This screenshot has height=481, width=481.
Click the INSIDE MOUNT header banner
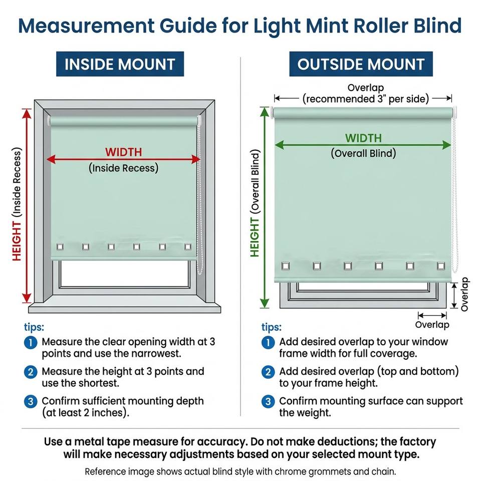click(120, 64)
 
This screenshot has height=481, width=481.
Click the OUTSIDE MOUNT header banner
click(361, 64)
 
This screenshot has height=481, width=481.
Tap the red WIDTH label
click(124, 152)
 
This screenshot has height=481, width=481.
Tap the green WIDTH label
click(364, 138)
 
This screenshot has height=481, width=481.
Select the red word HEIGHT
click(17, 242)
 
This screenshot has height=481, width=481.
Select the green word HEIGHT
click(255, 237)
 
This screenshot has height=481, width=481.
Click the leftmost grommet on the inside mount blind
click(60, 247)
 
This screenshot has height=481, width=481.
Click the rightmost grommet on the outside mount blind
click(441, 266)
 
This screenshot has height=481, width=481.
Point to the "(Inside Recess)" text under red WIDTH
click(124, 168)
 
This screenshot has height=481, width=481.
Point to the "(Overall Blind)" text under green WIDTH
click(364, 153)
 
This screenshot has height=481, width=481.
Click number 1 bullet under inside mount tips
click(31, 342)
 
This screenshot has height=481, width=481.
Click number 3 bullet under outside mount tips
click(268, 401)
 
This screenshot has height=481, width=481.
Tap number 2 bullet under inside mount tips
click(31, 372)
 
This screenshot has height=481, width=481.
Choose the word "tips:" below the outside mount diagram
click(272, 327)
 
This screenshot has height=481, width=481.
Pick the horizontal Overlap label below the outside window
click(432, 325)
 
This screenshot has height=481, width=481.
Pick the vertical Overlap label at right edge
click(464, 294)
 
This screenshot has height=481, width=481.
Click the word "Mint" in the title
click(327, 26)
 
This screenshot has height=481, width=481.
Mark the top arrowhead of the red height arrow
click(27, 113)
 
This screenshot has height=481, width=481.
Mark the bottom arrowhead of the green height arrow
click(264, 303)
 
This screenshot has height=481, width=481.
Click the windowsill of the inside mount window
click(125, 308)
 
